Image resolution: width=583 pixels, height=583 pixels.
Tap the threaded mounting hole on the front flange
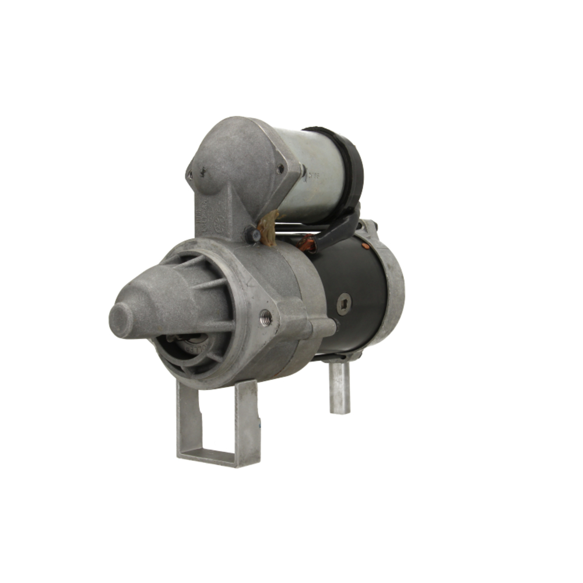[266, 318]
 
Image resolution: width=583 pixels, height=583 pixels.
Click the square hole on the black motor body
[344, 303]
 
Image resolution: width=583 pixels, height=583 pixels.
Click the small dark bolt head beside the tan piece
[253, 235]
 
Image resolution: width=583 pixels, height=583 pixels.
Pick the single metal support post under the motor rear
[339, 387]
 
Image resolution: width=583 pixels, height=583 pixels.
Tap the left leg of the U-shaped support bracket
[185, 417]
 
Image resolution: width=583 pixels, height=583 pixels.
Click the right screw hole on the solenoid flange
[280, 168]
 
